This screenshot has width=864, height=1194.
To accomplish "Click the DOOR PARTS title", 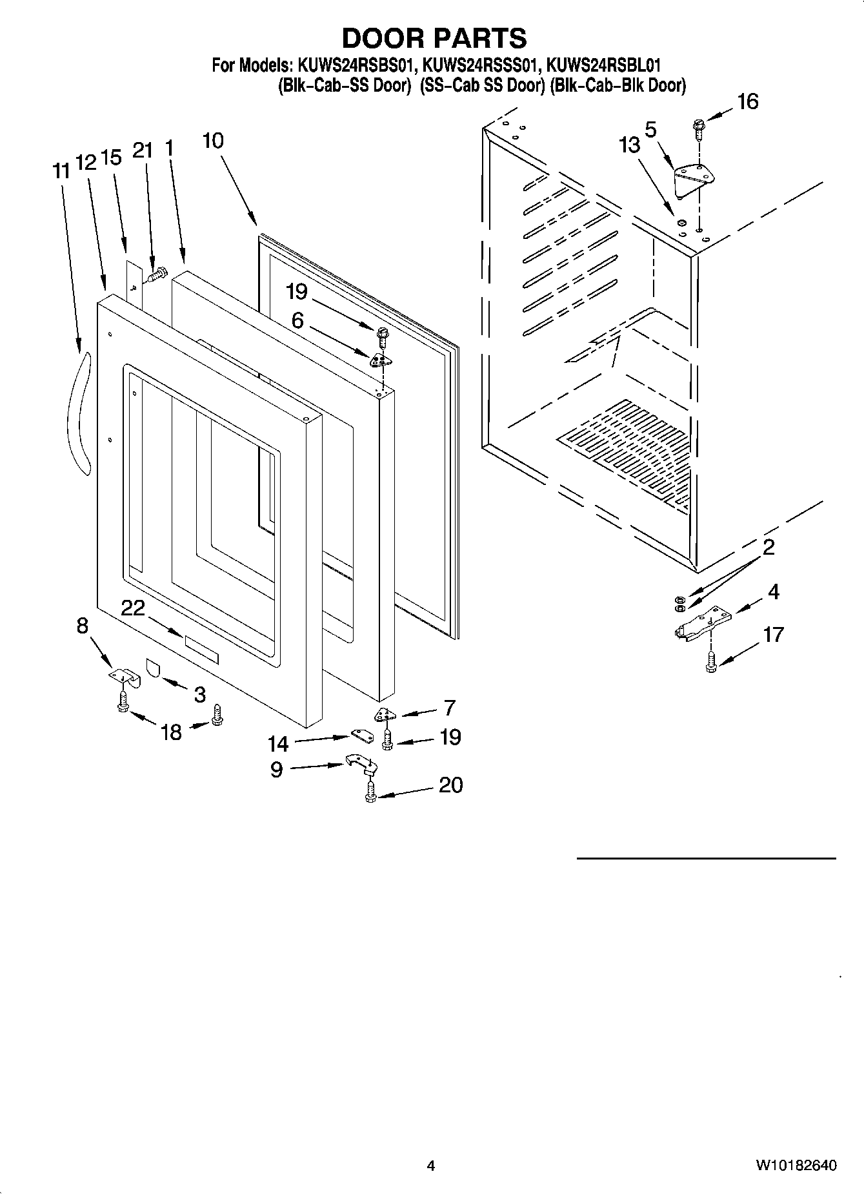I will [x=434, y=38].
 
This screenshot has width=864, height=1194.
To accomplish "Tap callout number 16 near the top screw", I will [x=747, y=102].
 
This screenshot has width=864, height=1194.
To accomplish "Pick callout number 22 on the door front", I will [x=133, y=608].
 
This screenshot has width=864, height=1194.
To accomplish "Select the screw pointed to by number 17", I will [x=711, y=663].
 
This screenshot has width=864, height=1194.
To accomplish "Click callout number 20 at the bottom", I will [x=450, y=785].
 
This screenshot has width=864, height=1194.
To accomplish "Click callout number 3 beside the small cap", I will [x=199, y=694].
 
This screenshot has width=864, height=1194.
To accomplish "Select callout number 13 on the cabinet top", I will [x=630, y=145].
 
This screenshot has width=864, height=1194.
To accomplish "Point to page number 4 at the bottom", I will [x=431, y=1166].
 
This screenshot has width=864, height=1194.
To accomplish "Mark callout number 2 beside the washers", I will [x=768, y=548].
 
